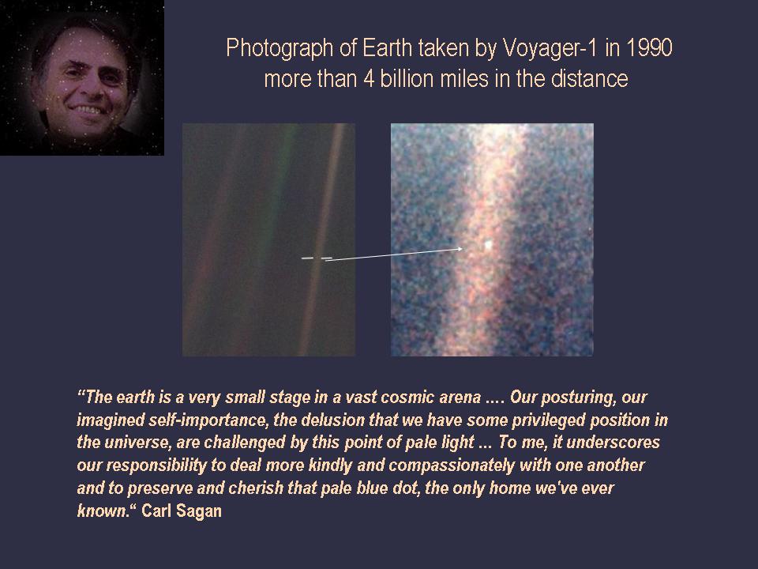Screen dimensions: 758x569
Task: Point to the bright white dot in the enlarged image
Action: (x=488, y=246)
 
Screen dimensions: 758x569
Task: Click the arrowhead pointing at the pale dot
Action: (x=460, y=249)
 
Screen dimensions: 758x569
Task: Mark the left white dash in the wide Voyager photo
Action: (x=307, y=258)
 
